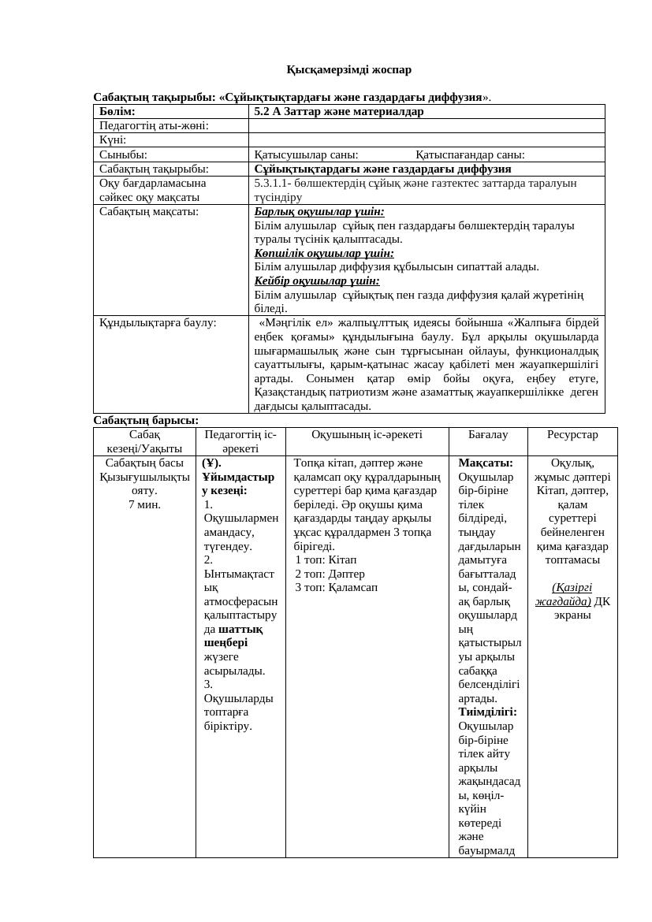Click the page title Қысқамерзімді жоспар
[x=348, y=69]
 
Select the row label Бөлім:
[x=117, y=112]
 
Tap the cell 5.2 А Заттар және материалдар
[x=339, y=112]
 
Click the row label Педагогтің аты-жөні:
[x=154, y=126]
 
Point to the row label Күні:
[x=114, y=140]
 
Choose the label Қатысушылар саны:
[x=306, y=154]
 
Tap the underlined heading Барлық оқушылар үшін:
[x=319, y=212]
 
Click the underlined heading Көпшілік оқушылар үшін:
[x=324, y=253]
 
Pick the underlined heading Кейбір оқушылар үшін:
[x=317, y=281]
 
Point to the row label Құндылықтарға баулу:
[x=158, y=322]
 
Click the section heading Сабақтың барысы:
[x=146, y=420]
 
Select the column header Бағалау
[x=488, y=434]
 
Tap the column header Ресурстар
[x=573, y=434]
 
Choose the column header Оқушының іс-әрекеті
[x=367, y=434]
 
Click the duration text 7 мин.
[x=144, y=504]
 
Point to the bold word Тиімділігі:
[x=487, y=712]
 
